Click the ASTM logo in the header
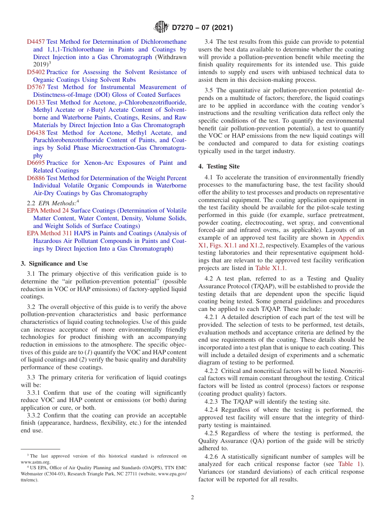tap(161, 28)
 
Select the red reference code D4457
tap(36, 42)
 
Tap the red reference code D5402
tap(36, 72)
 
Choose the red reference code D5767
tap(36, 87)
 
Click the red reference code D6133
tap(36, 102)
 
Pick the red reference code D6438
tap(36, 133)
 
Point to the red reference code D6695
tap(36, 163)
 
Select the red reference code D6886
tap(36, 178)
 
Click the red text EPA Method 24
tap(48, 211)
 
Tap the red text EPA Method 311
tap(49, 233)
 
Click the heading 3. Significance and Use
tap(54, 264)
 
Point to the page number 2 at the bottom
tap(192, 498)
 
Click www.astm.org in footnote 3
tap(36, 462)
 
